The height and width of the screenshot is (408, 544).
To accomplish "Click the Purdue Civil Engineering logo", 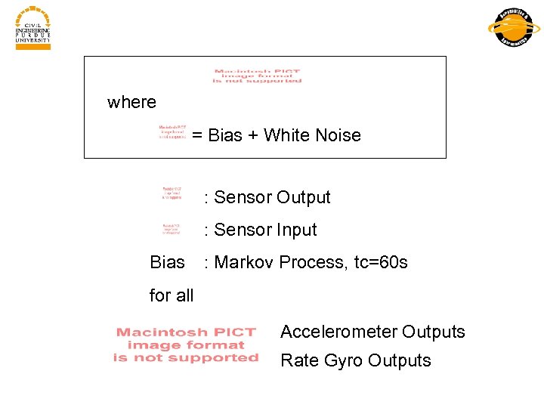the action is coord(32,28).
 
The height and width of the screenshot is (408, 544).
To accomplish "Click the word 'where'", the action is coord(132,102).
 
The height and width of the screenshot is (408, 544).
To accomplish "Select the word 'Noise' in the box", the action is coord(338,136).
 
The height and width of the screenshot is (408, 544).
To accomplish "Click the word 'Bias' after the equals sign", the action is coord(225,136).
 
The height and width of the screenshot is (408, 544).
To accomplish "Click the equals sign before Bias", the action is coord(197,136).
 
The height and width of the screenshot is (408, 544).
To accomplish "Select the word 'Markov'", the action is coord(245,263).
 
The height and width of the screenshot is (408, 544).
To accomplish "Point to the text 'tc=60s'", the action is coord(381,263).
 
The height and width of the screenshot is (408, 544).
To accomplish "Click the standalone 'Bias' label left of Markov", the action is coord(168,263).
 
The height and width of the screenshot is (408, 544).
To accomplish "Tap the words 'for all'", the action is coord(172,295).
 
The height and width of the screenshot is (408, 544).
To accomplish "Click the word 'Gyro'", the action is coord(337,361).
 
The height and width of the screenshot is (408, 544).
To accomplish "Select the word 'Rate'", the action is coord(297,361).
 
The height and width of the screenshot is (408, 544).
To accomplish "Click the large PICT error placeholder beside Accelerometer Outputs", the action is coord(186,345).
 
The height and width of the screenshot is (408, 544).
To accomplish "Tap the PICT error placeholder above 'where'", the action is coord(257,76).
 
